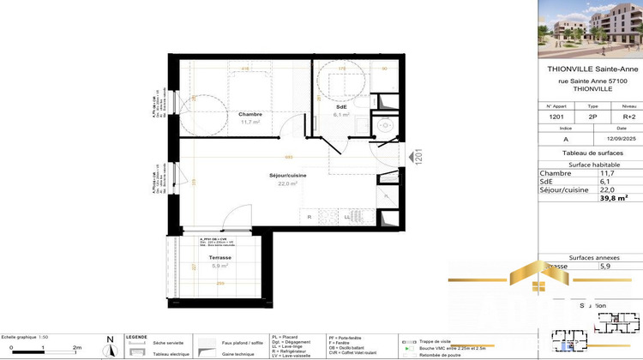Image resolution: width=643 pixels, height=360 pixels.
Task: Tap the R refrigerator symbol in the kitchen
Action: click(x=309, y=218)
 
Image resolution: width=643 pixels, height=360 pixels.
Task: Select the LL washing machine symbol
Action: click(x=347, y=218)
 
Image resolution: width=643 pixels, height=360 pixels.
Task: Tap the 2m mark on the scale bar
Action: click(x=76, y=348)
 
